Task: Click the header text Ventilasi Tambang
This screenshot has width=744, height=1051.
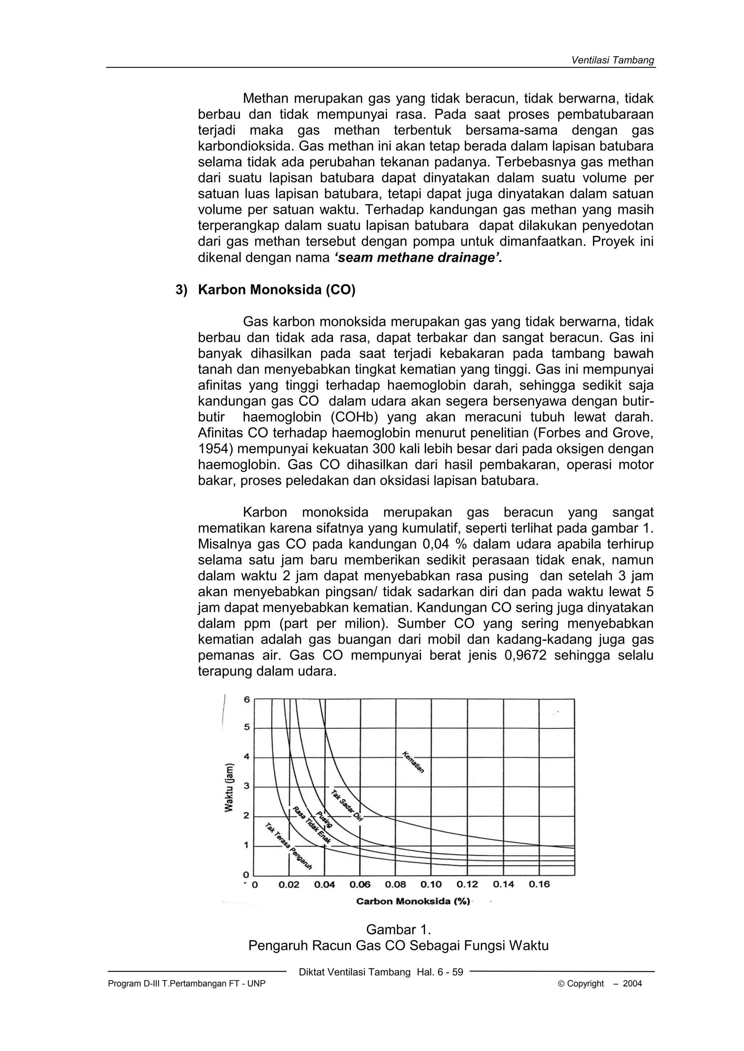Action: (612, 60)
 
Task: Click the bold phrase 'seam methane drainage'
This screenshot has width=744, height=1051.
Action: (417, 258)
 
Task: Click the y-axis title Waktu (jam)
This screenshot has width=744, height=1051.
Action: (229, 787)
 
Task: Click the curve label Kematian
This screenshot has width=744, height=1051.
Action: (413, 762)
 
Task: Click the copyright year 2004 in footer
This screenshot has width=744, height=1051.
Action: (632, 983)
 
